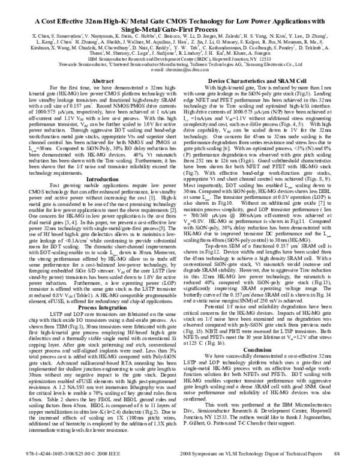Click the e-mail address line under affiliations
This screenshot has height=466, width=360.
click(179, 85)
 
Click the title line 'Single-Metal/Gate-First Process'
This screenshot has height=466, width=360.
click(180, 28)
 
